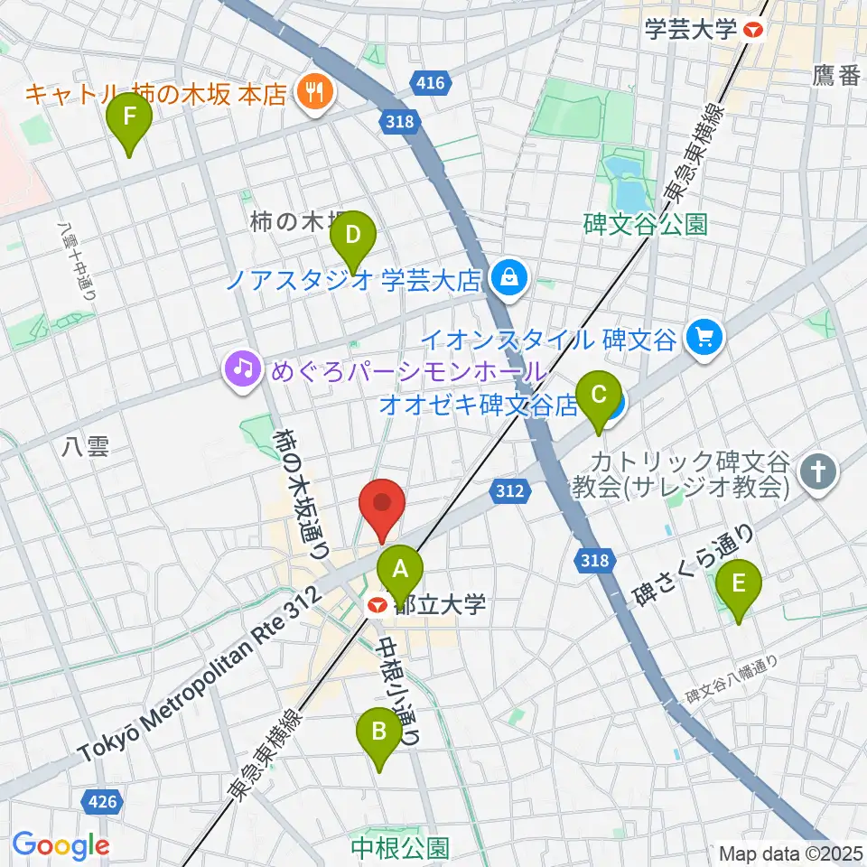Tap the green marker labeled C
click(597, 396)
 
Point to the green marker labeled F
click(130, 117)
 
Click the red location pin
click(382, 505)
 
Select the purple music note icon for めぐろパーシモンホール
click(241, 371)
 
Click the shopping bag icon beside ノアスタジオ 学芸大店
click(509, 278)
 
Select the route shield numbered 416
click(430, 83)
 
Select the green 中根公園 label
click(400, 847)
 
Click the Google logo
click(61, 845)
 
